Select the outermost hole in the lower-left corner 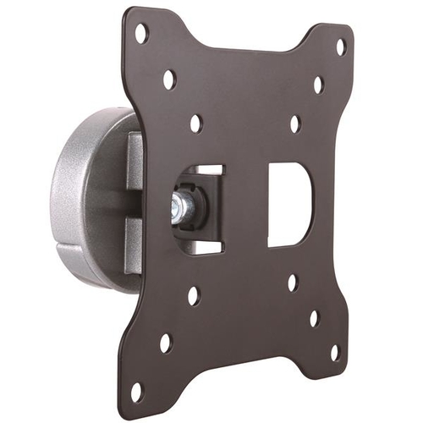[136, 391]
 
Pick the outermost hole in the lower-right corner [334, 352]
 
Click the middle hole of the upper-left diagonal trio [168, 80]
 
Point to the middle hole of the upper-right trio [318, 85]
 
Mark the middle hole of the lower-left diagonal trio [166, 343]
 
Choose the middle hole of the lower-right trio [314, 318]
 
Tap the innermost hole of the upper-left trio [195, 124]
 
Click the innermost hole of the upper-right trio [294, 124]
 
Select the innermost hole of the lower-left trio [194, 295]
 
